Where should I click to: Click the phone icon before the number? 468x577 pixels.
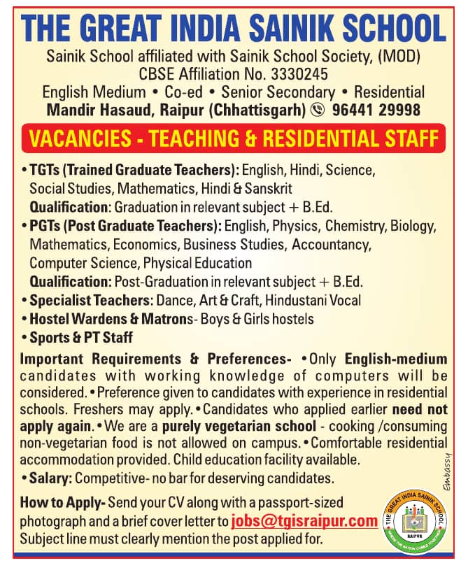pyautogui.click(x=318, y=110)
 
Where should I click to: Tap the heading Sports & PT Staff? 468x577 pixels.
pyautogui.click(x=81, y=337)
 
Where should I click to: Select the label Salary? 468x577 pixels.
pyautogui.click(x=50, y=478)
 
